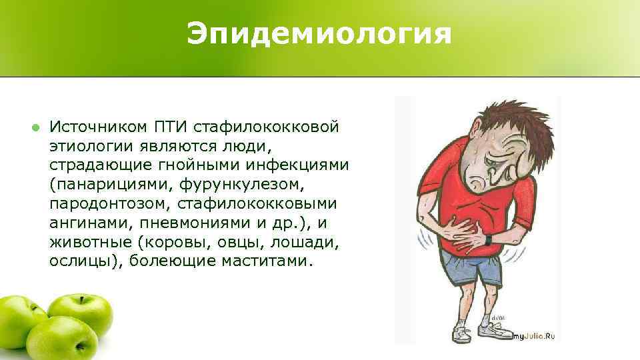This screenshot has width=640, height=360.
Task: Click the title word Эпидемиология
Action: point(319,34)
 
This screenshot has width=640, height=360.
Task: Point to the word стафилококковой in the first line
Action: point(273,127)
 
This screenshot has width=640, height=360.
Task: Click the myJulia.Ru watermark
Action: point(534,337)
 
